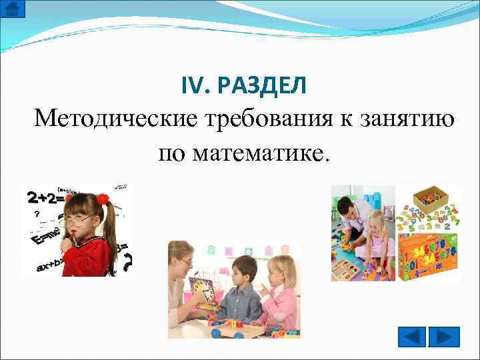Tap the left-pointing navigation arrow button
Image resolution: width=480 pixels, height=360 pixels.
point(412,336)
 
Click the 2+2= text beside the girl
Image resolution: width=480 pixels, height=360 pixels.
point(44,197)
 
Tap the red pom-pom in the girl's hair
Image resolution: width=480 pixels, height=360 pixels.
point(102,199)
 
